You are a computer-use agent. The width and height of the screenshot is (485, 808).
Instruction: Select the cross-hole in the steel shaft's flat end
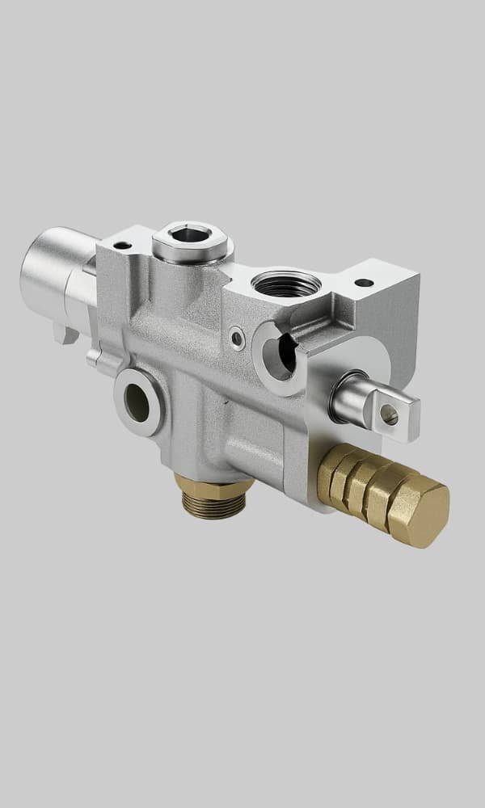pyautogui.click(x=389, y=415)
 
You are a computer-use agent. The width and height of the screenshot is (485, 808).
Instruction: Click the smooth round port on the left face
pyautogui.click(x=137, y=402)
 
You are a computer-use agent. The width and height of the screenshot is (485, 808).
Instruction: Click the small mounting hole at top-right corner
pyautogui.click(x=365, y=283)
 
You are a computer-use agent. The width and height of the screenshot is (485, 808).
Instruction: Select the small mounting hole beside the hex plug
pyautogui.click(x=122, y=245)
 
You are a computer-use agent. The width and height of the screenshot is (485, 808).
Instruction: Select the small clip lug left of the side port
pyautogui.click(x=94, y=356)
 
